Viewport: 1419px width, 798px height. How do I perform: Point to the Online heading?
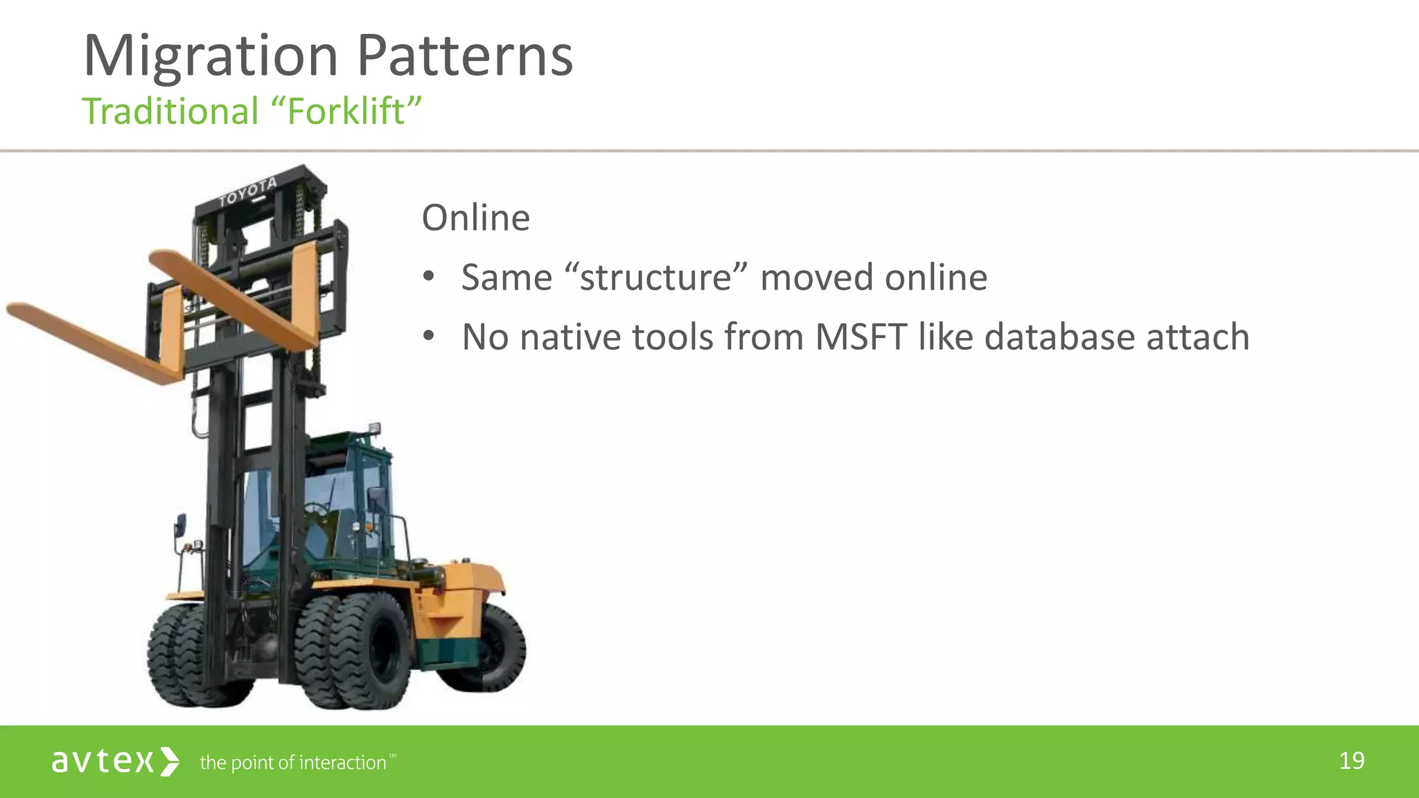pos(475,218)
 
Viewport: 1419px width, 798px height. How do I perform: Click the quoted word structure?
pos(655,278)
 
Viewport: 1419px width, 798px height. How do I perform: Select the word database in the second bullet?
pos(1059,337)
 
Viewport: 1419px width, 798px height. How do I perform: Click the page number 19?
pos(1352,761)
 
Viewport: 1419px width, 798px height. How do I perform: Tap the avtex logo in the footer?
pos(115,761)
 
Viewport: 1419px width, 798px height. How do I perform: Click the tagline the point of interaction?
pos(292,763)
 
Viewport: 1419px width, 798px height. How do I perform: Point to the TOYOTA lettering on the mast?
pos(248,192)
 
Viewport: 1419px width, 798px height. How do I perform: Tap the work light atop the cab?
pos(374,429)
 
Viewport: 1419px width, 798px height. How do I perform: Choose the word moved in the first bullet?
pos(817,278)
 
